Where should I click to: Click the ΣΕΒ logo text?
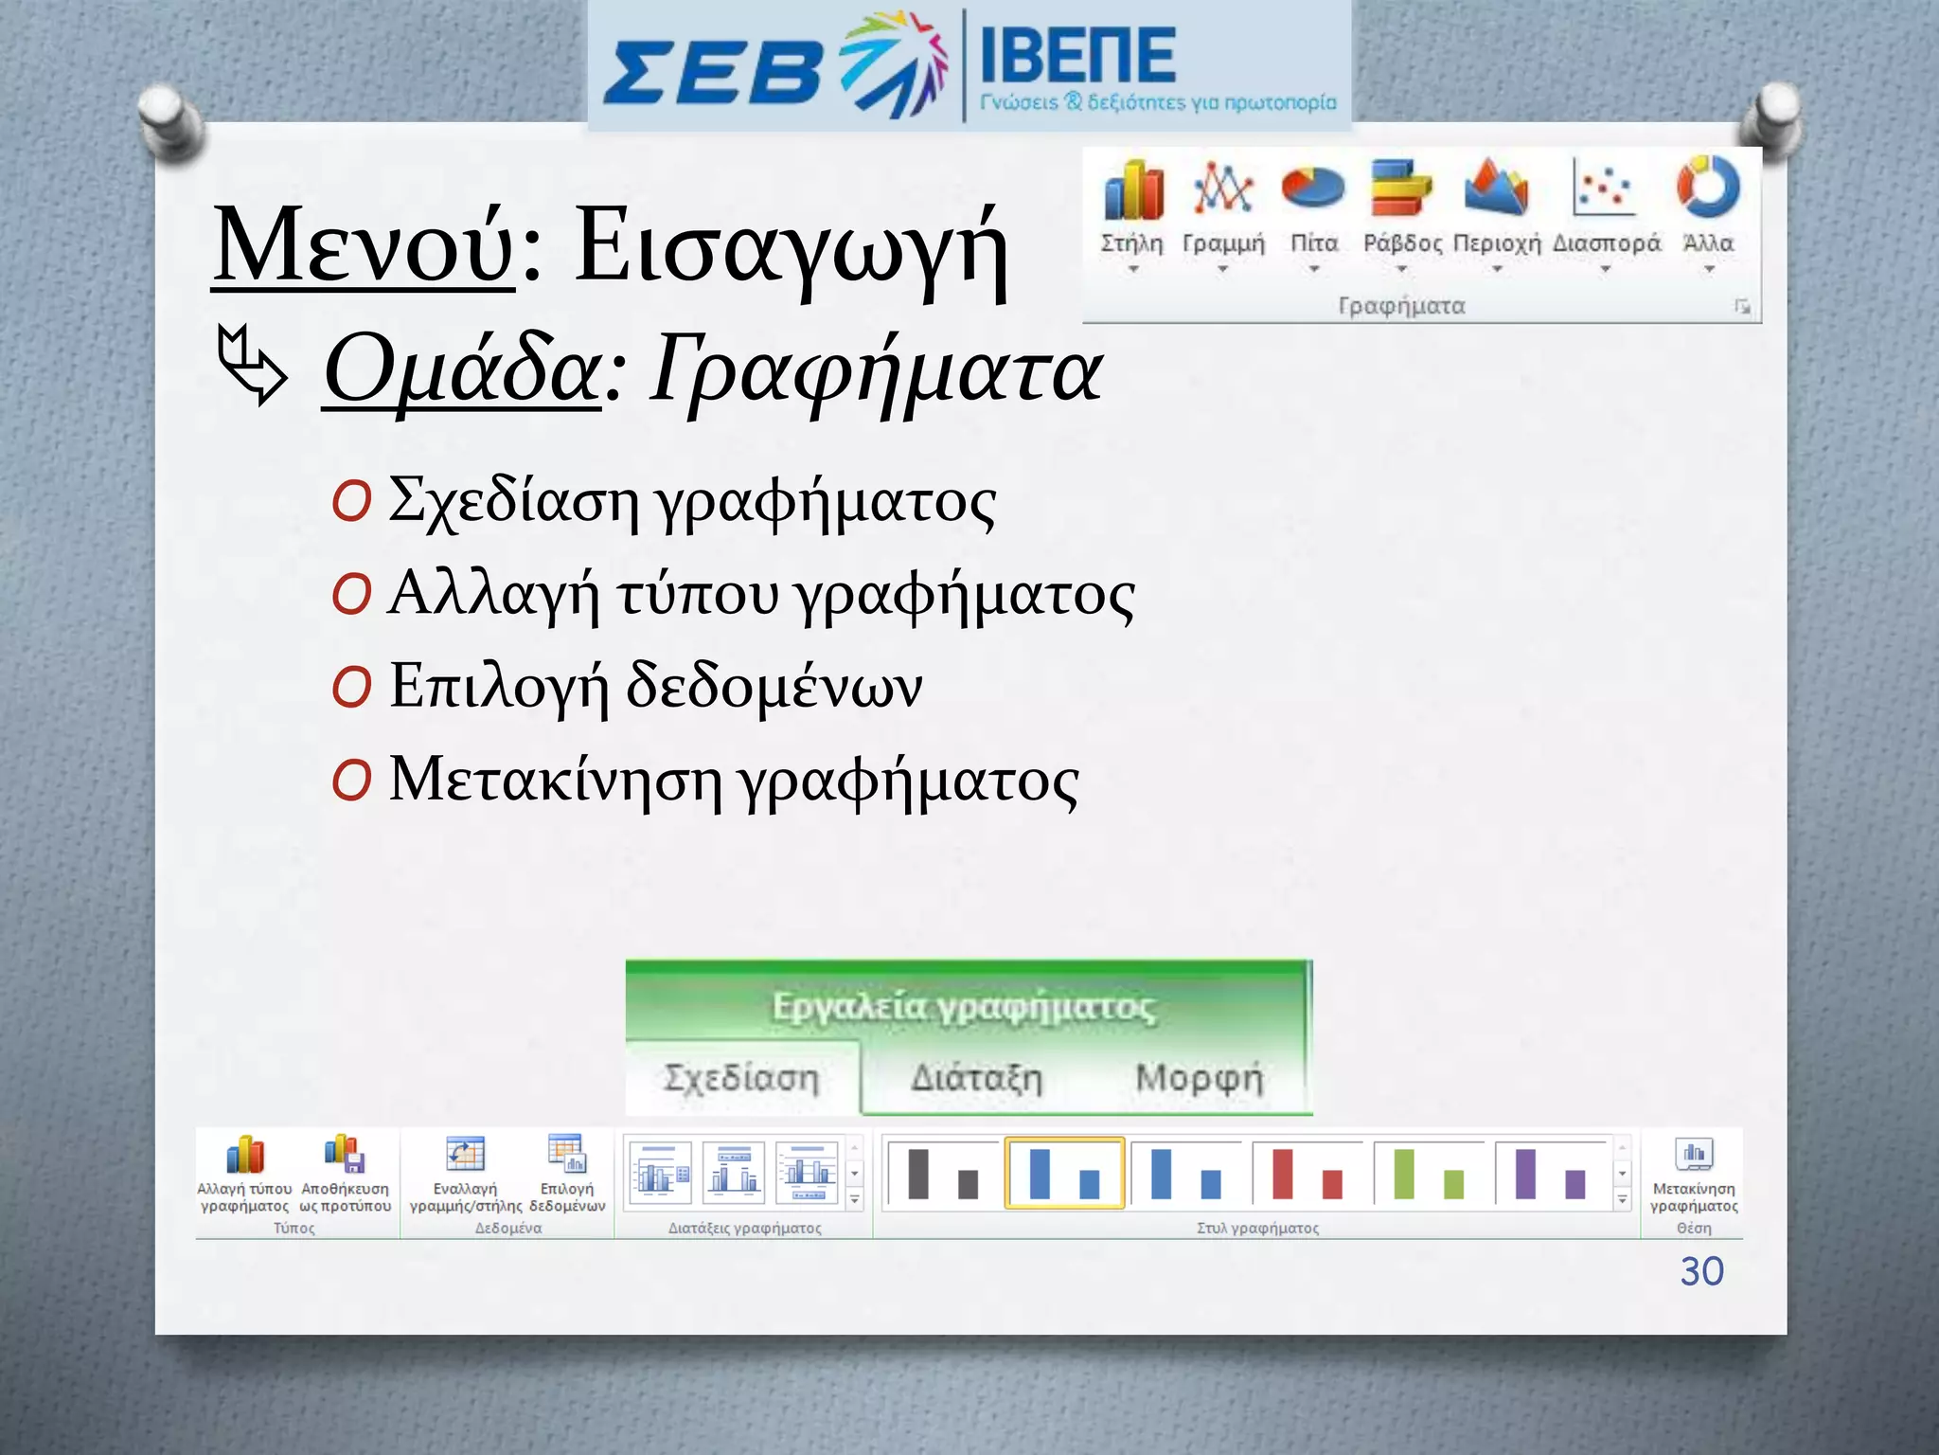712,72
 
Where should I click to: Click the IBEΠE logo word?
1077,55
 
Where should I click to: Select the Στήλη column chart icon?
1132,189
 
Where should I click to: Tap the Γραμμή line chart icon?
1222,188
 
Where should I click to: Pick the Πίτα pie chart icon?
1312,187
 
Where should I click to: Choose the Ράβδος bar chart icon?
1401,188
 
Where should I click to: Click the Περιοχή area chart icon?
1495,187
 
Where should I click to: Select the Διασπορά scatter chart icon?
1604,188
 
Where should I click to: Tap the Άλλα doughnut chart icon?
1708,186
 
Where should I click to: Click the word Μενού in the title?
364,246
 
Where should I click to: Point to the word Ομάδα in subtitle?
461,370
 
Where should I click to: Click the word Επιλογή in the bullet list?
498,686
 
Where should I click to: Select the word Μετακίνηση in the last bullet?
555,780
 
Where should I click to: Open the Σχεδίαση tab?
741,1078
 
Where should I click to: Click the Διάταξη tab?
975,1078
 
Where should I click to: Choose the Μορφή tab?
1199,1078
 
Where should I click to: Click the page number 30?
1701,1271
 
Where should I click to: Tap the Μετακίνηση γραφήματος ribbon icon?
1694,1156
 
